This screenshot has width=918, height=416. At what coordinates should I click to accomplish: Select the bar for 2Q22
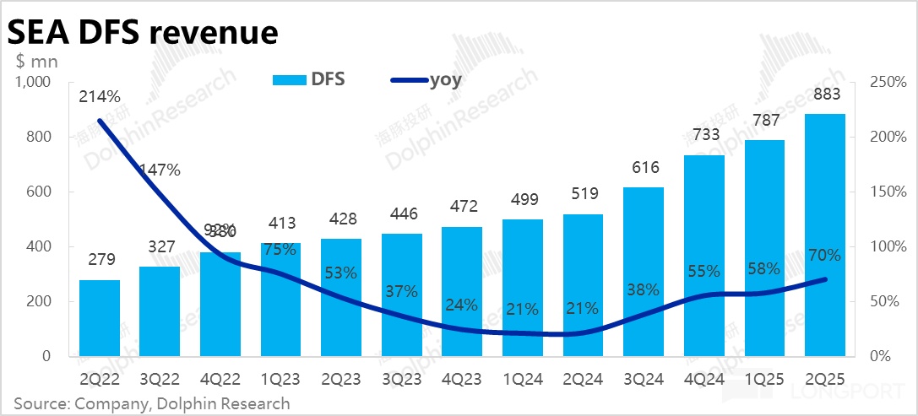(100, 318)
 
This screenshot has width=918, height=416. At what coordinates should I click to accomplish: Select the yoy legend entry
(426, 80)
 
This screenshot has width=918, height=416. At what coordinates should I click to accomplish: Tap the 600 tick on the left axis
(38, 192)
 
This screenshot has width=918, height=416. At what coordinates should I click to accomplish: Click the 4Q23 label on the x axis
(462, 379)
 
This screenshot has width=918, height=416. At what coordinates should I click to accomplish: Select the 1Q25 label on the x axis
(764, 379)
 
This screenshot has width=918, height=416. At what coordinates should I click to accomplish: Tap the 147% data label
(160, 170)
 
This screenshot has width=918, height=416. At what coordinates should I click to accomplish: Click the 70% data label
(824, 255)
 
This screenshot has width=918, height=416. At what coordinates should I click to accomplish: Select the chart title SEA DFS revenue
(143, 31)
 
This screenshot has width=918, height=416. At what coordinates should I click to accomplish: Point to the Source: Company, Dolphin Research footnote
(152, 403)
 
